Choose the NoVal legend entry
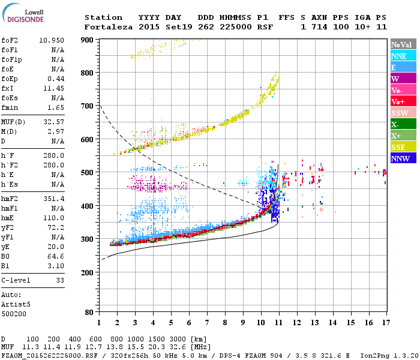pyautogui.click(x=401, y=44)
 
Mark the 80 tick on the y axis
pyautogui.click(x=89, y=312)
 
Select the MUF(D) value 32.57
pyautogui.click(x=54, y=121)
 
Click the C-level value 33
pyautogui.click(x=60, y=280)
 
